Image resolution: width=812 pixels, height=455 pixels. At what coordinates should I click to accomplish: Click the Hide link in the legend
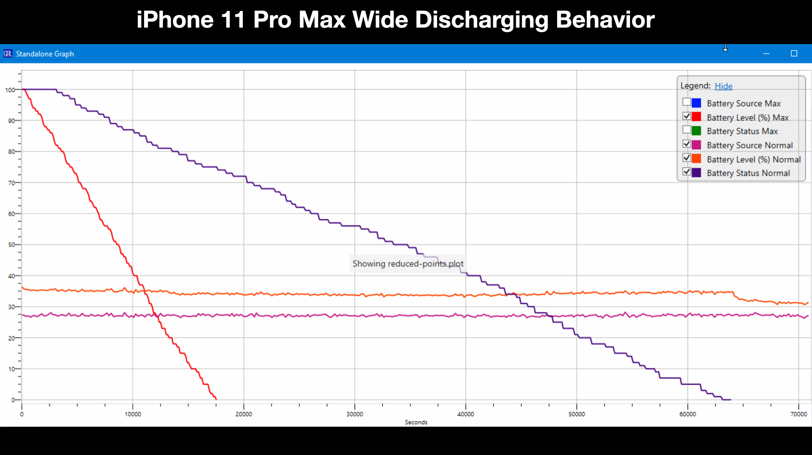(x=723, y=86)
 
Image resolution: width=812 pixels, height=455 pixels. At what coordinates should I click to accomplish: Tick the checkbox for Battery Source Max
(x=686, y=102)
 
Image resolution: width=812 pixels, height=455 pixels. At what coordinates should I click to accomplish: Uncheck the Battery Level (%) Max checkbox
(x=686, y=116)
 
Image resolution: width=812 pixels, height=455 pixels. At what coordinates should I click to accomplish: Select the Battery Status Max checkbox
(x=686, y=130)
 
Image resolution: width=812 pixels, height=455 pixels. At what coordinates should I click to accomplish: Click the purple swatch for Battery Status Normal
(x=696, y=173)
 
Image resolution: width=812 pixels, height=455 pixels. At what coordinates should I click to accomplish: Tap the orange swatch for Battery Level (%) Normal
(x=696, y=159)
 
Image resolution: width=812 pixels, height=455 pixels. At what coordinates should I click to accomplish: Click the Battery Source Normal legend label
(x=749, y=145)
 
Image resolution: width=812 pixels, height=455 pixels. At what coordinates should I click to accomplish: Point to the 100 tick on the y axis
(x=10, y=90)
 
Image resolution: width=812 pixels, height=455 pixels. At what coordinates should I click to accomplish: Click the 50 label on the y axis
(x=11, y=245)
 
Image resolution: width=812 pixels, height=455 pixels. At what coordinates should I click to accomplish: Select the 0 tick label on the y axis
(x=13, y=400)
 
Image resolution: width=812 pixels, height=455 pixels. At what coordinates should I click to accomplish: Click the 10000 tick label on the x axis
(x=133, y=414)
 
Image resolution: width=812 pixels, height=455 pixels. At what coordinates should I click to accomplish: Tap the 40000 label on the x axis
(x=465, y=414)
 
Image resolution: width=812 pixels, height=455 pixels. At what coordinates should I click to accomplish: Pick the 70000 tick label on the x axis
(x=798, y=414)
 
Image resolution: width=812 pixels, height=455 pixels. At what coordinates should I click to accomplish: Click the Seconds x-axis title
(x=416, y=422)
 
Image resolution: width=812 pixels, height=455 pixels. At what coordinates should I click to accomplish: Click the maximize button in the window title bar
(x=794, y=54)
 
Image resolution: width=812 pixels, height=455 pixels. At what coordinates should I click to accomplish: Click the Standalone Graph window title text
(x=45, y=54)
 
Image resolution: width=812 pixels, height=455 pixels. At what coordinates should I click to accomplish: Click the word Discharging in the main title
(x=481, y=20)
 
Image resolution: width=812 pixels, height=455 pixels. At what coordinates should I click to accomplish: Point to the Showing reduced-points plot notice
(x=408, y=264)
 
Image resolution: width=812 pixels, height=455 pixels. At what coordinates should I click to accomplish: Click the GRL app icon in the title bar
(x=8, y=54)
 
